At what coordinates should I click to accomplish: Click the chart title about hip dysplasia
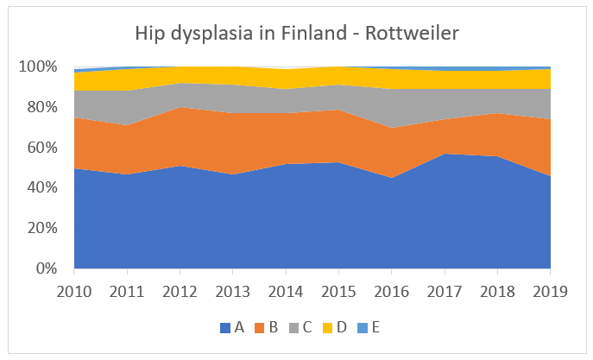(x=297, y=34)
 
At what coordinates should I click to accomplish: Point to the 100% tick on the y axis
(x=38, y=67)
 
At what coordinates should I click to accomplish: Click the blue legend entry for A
(x=232, y=328)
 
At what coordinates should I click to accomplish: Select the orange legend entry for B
(x=268, y=328)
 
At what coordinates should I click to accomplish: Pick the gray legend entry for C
(x=303, y=328)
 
